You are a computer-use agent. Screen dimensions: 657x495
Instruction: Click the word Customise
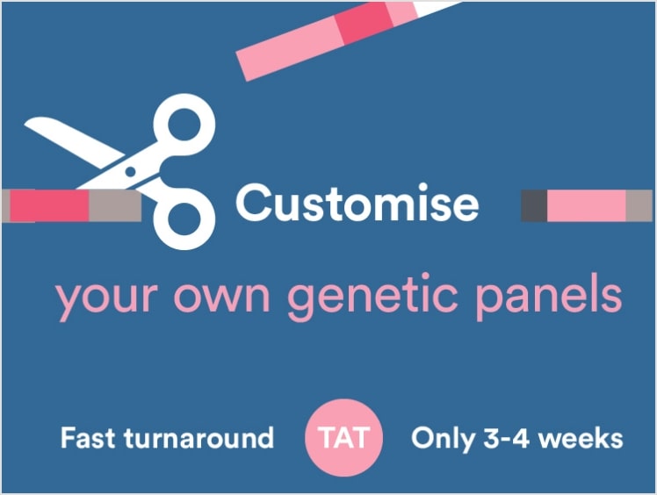pos(357,203)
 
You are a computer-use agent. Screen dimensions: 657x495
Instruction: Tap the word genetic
pos(372,297)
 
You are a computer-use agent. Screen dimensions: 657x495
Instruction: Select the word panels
pos(548,297)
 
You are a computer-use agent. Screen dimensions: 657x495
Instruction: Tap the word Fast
pos(88,438)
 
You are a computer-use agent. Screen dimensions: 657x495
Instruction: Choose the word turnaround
pos(199,438)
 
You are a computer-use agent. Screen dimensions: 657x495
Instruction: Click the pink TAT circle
pos(343,438)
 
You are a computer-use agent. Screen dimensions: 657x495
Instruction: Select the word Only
pos(444,440)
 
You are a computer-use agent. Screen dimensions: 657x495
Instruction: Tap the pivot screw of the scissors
pos(130,172)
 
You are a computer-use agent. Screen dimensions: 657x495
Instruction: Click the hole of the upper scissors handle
pos(184,126)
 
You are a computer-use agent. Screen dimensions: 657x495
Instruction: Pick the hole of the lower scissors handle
pos(184,219)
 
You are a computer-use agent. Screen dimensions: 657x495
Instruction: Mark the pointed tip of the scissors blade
pos(25,123)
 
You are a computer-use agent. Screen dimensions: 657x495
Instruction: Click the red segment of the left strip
pos(49,205)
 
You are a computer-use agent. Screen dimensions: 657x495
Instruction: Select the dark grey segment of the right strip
pos(534,205)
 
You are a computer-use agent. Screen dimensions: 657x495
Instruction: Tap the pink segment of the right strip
pos(586,205)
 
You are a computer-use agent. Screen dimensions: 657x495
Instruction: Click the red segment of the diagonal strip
pos(365,22)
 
